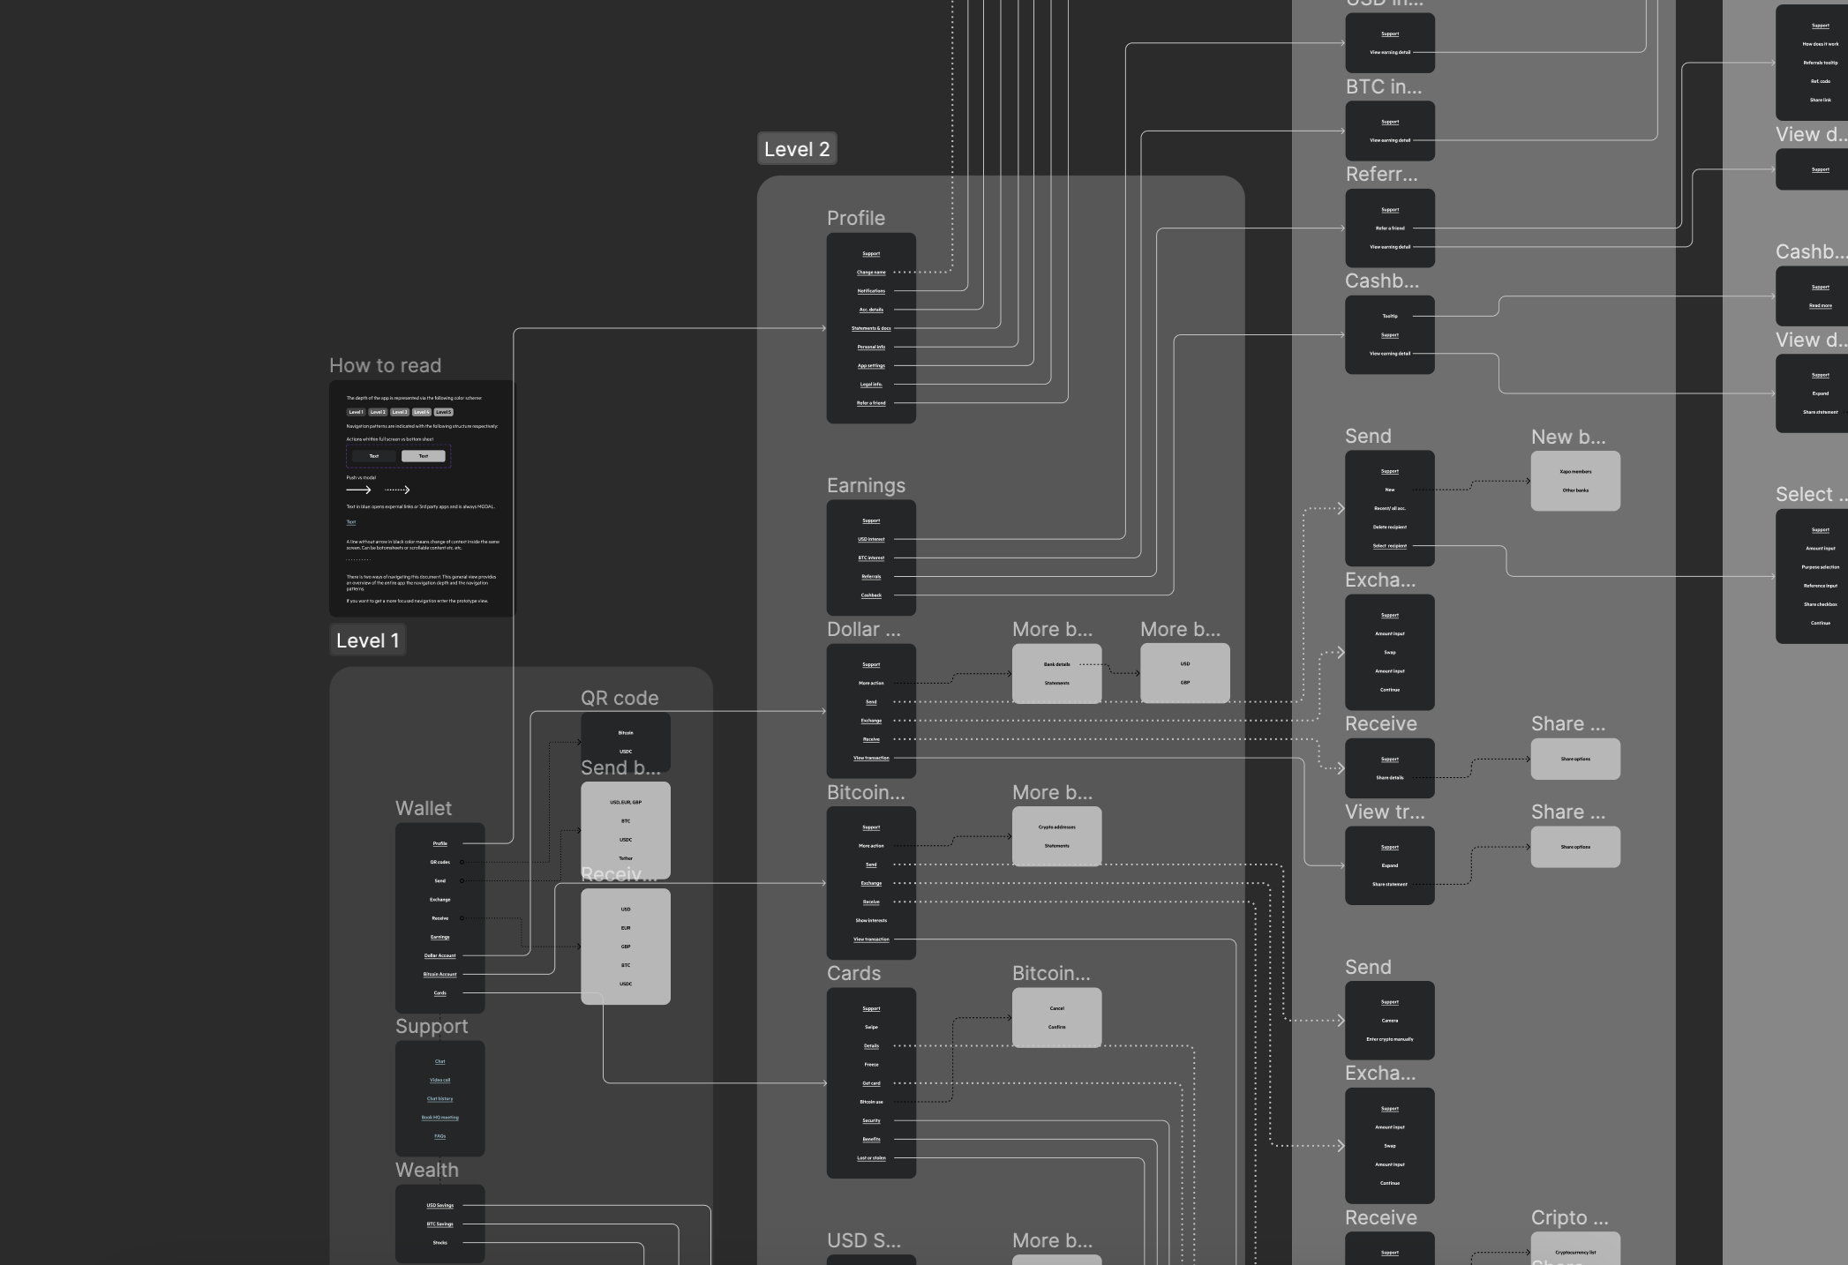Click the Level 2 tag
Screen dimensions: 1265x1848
click(x=797, y=149)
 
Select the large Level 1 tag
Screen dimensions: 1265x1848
click(x=367, y=640)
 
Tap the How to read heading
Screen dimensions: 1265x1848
click(x=385, y=365)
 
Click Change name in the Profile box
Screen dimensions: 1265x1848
click(x=871, y=272)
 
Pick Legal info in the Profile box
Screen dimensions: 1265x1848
click(x=871, y=384)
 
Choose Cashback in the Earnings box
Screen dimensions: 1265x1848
click(x=871, y=595)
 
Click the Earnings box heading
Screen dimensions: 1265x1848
click(x=866, y=485)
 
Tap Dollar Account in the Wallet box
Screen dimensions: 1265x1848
click(x=439, y=955)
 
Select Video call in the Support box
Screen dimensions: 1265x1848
click(x=439, y=1080)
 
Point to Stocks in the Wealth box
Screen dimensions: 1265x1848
click(x=439, y=1242)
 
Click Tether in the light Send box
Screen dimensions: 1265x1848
click(x=626, y=858)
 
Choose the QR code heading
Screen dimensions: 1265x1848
click(x=620, y=698)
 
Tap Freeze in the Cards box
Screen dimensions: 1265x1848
click(x=871, y=1064)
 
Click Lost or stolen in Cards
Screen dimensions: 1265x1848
click(x=871, y=1157)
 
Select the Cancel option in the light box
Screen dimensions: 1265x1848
click(x=1056, y=1008)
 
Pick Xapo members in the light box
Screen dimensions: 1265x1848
click(x=1575, y=472)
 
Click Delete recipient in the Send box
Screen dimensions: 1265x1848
click(x=1390, y=527)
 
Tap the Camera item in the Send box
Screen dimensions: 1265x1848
click(x=1390, y=1021)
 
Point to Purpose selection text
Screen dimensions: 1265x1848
click(x=1820, y=567)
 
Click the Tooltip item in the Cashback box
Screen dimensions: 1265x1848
click(x=1390, y=316)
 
